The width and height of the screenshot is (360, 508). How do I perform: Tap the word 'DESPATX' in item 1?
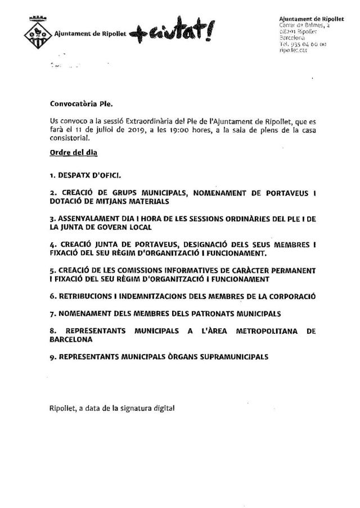pyautogui.click(x=74, y=176)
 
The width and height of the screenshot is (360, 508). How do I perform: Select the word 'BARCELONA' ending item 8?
pyautogui.click(x=70, y=339)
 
